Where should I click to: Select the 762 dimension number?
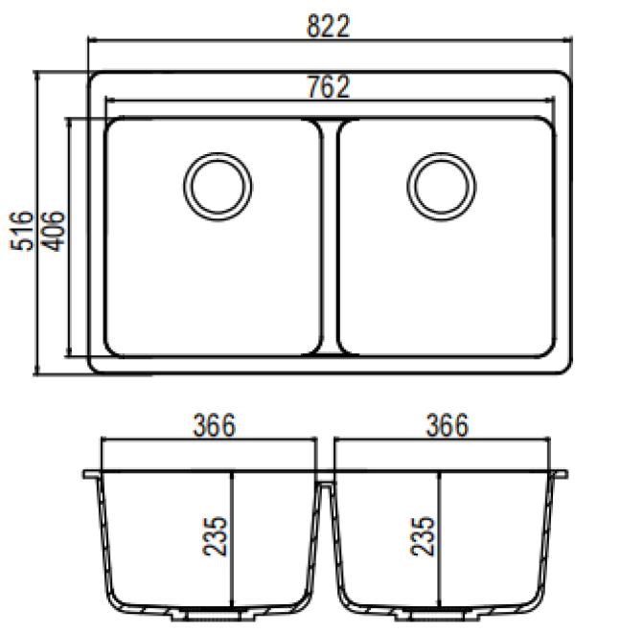click(x=329, y=86)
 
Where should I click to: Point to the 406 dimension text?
click(x=54, y=231)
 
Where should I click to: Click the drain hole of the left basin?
click(x=218, y=182)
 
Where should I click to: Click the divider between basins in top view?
click(x=329, y=235)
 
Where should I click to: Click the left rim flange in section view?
click(x=91, y=474)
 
